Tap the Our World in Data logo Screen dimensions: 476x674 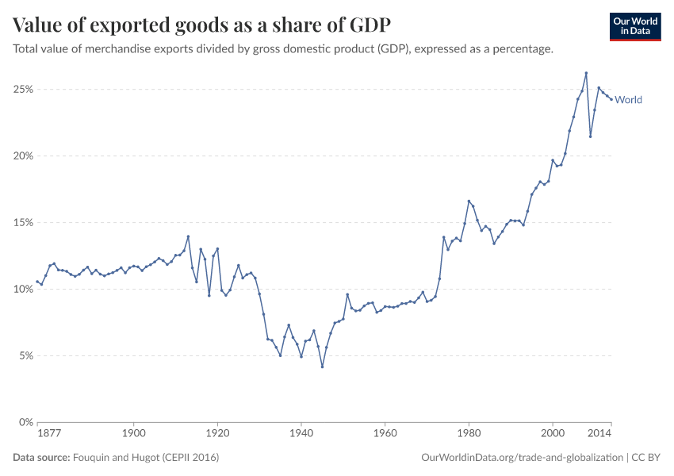point(634,25)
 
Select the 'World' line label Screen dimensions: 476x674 point(628,100)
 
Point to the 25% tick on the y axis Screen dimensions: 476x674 point(22,90)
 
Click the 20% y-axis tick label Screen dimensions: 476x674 point(22,156)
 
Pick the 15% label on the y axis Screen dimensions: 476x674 point(22,223)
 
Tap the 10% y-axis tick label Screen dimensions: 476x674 point(22,290)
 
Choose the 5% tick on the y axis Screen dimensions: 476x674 point(25,356)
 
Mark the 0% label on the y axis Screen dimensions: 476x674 point(25,423)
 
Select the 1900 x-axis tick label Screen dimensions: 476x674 point(134,434)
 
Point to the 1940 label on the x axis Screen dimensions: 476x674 point(301,434)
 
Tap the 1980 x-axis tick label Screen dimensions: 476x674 point(469,434)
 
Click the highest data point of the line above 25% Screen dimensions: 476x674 point(586,73)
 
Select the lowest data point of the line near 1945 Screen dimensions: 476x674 point(322,367)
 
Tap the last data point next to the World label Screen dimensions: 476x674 point(611,99)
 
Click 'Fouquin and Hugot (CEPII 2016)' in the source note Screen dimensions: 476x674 point(145,458)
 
